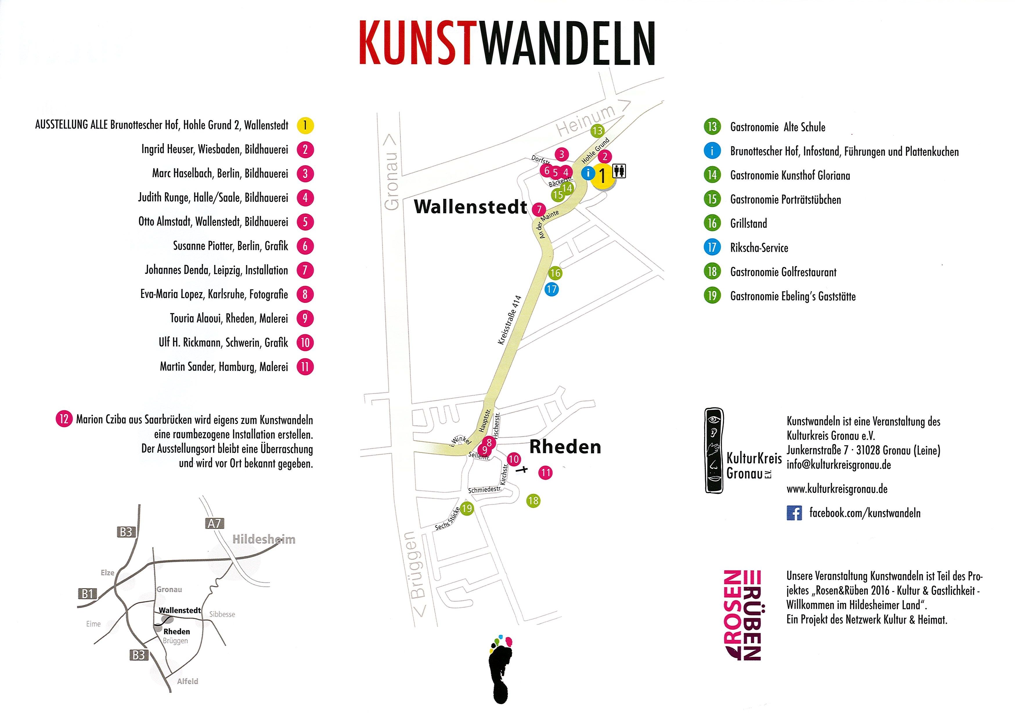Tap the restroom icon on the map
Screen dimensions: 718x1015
click(x=619, y=171)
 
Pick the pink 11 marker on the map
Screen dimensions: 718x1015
click(x=546, y=473)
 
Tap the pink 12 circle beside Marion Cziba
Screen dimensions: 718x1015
click(x=64, y=419)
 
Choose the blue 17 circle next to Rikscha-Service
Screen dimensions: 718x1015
click(x=712, y=247)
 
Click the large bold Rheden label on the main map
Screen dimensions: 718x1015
click(x=565, y=447)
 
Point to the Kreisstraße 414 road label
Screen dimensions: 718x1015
click(x=510, y=320)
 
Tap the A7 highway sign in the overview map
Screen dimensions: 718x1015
click(x=214, y=523)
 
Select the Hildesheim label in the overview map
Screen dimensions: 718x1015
click(x=264, y=539)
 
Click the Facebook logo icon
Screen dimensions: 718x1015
click(x=794, y=513)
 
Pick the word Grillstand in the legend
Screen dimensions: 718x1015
click(x=749, y=223)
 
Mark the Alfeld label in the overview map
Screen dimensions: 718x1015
click(x=188, y=681)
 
